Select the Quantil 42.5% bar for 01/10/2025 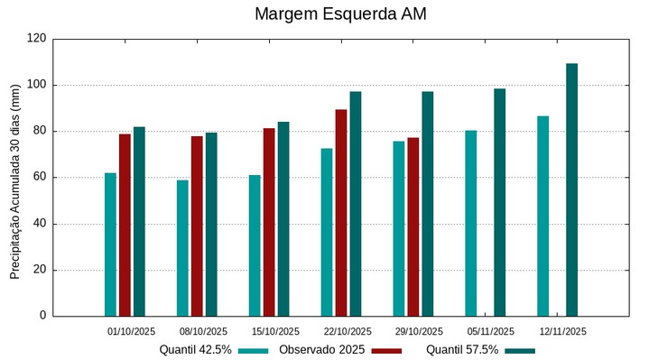click(110, 244)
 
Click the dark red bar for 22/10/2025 click(341, 212)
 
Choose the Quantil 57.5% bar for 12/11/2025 click(571, 189)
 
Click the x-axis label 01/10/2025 click(131, 331)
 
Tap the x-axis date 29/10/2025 click(420, 331)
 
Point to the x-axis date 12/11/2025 click(562, 331)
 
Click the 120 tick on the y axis click(36, 39)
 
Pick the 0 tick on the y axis click(42, 316)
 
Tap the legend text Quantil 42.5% click(195, 349)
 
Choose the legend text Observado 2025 click(321, 349)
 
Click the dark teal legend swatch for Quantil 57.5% click(519, 350)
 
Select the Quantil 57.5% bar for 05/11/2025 click(499, 202)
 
